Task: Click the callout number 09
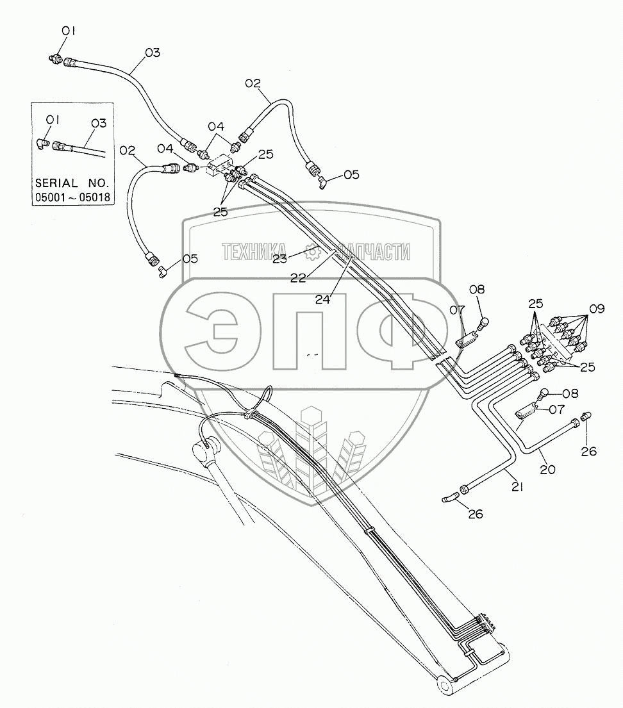click(597, 308)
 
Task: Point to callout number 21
click(517, 487)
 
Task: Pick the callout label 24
click(324, 297)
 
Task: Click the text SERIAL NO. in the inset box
click(72, 183)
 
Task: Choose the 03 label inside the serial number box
click(98, 121)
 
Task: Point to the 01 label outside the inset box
click(69, 30)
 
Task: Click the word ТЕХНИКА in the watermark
click(254, 252)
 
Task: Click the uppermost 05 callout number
click(351, 174)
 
